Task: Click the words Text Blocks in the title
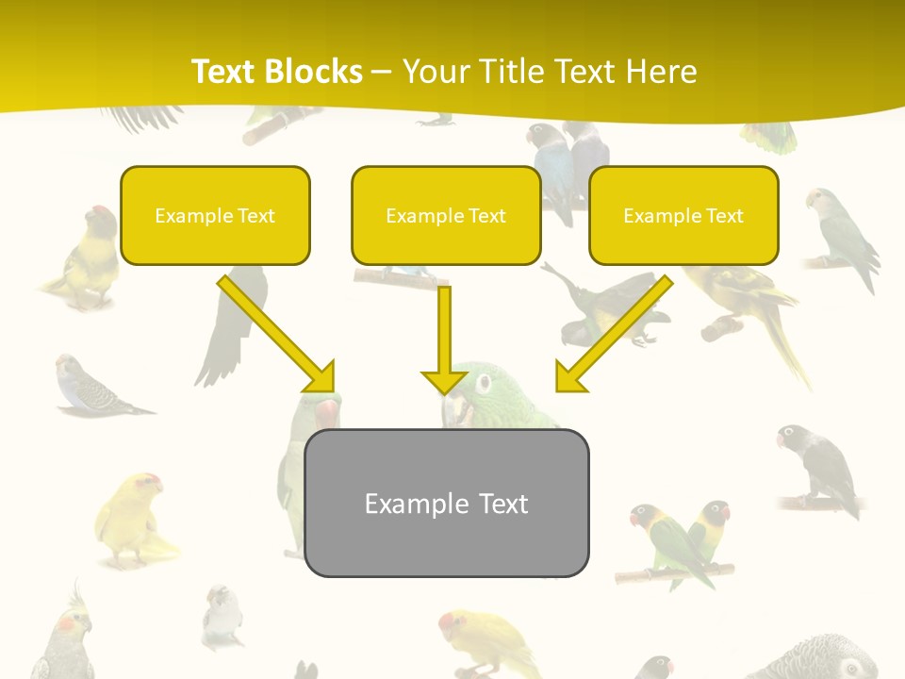(x=276, y=72)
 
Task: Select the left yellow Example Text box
(x=215, y=216)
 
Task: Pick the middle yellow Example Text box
(x=446, y=216)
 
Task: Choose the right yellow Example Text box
(x=683, y=216)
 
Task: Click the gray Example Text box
(x=446, y=504)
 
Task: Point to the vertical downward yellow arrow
(x=444, y=339)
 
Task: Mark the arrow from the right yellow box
(x=614, y=334)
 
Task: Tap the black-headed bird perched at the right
(x=818, y=468)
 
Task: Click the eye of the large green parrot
(x=484, y=382)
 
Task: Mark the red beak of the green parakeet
(x=325, y=412)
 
